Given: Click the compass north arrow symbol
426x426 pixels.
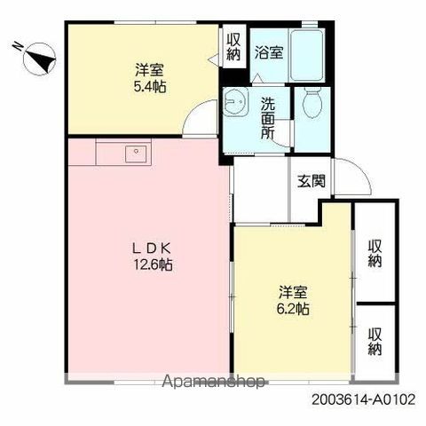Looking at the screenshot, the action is (x=39, y=59).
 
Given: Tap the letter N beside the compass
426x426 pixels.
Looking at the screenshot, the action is (x=18, y=46).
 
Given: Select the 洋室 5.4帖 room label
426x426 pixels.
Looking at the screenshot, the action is (x=150, y=78).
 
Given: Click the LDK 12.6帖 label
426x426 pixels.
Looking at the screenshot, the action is (x=153, y=256).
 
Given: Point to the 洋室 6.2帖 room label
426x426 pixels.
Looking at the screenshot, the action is (x=293, y=300).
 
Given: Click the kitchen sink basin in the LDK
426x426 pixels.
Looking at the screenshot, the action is (x=136, y=154).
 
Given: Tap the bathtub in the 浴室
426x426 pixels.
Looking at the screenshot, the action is (x=306, y=55).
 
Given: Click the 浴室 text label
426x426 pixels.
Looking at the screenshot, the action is (x=269, y=52).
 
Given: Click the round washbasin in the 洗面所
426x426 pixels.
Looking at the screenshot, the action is (x=234, y=101).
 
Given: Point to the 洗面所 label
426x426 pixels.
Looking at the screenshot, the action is (x=268, y=118).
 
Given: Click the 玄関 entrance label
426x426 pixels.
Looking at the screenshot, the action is (x=312, y=181).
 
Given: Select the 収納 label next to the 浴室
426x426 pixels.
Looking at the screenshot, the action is (x=233, y=47).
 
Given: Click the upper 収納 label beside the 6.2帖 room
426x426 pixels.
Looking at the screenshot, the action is (x=375, y=253).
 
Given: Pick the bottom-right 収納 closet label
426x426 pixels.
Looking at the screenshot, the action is (x=375, y=341).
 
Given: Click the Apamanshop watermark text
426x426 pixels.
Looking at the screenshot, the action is (x=213, y=382).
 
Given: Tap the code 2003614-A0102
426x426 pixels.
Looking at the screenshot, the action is (x=364, y=400).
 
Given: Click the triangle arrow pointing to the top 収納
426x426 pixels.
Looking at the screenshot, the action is (x=214, y=59).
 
